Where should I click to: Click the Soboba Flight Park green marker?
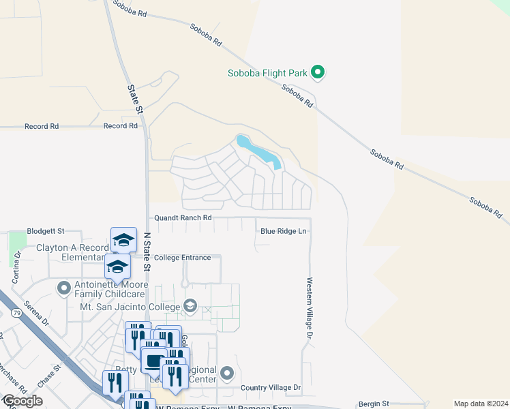[317, 71]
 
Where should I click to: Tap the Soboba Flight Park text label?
[269, 72]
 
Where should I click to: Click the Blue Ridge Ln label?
[283, 231]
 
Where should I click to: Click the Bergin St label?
[375, 404]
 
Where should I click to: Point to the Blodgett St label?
[45, 231]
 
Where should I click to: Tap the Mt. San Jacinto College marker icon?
[190, 307]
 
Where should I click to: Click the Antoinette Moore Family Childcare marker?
[64, 288]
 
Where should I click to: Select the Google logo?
[22, 401]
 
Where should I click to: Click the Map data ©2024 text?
[481, 404]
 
